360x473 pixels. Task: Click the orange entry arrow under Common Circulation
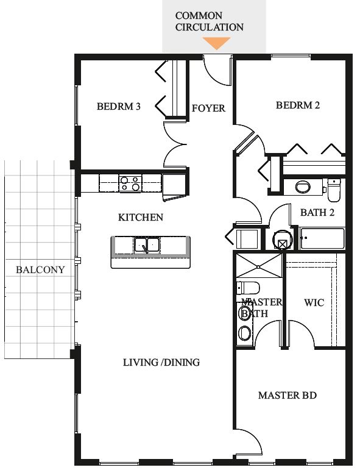[216, 43]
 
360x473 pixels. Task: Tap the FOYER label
[208, 108]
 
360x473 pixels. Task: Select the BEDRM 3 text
[119, 106]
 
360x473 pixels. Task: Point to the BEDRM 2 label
[298, 105]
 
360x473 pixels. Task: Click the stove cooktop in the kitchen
[130, 183]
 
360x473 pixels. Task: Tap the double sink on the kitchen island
[147, 244]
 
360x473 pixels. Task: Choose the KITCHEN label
[141, 217]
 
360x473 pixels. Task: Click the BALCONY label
[40, 269]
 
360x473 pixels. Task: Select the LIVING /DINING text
[161, 362]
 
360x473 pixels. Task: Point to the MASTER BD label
[288, 395]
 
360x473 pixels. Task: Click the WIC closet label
[314, 302]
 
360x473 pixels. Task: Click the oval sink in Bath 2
[303, 187]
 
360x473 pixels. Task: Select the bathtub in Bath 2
[322, 238]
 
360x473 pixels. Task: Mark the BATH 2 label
[317, 212]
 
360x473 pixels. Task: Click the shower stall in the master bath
[259, 266]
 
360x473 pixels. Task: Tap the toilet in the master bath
[248, 288]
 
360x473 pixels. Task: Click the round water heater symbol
[282, 240]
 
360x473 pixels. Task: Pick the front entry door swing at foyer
[217, 70]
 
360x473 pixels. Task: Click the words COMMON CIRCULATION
[210, 21]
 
